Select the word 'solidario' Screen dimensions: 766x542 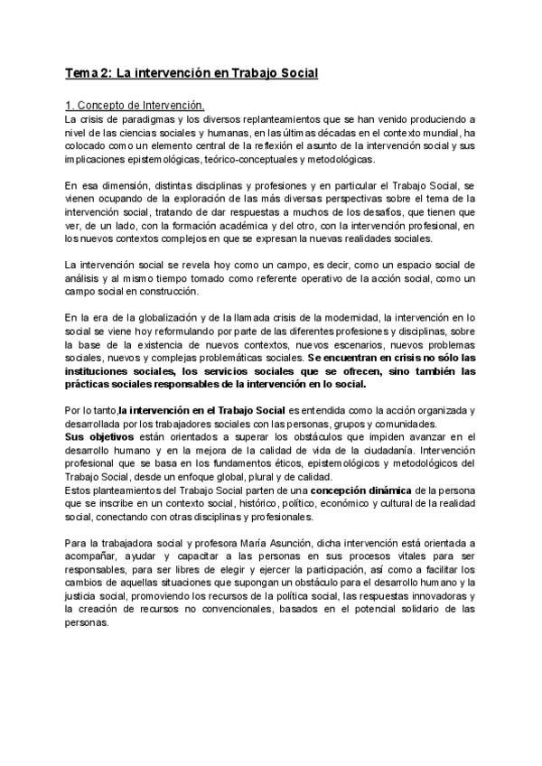coord(424,610)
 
